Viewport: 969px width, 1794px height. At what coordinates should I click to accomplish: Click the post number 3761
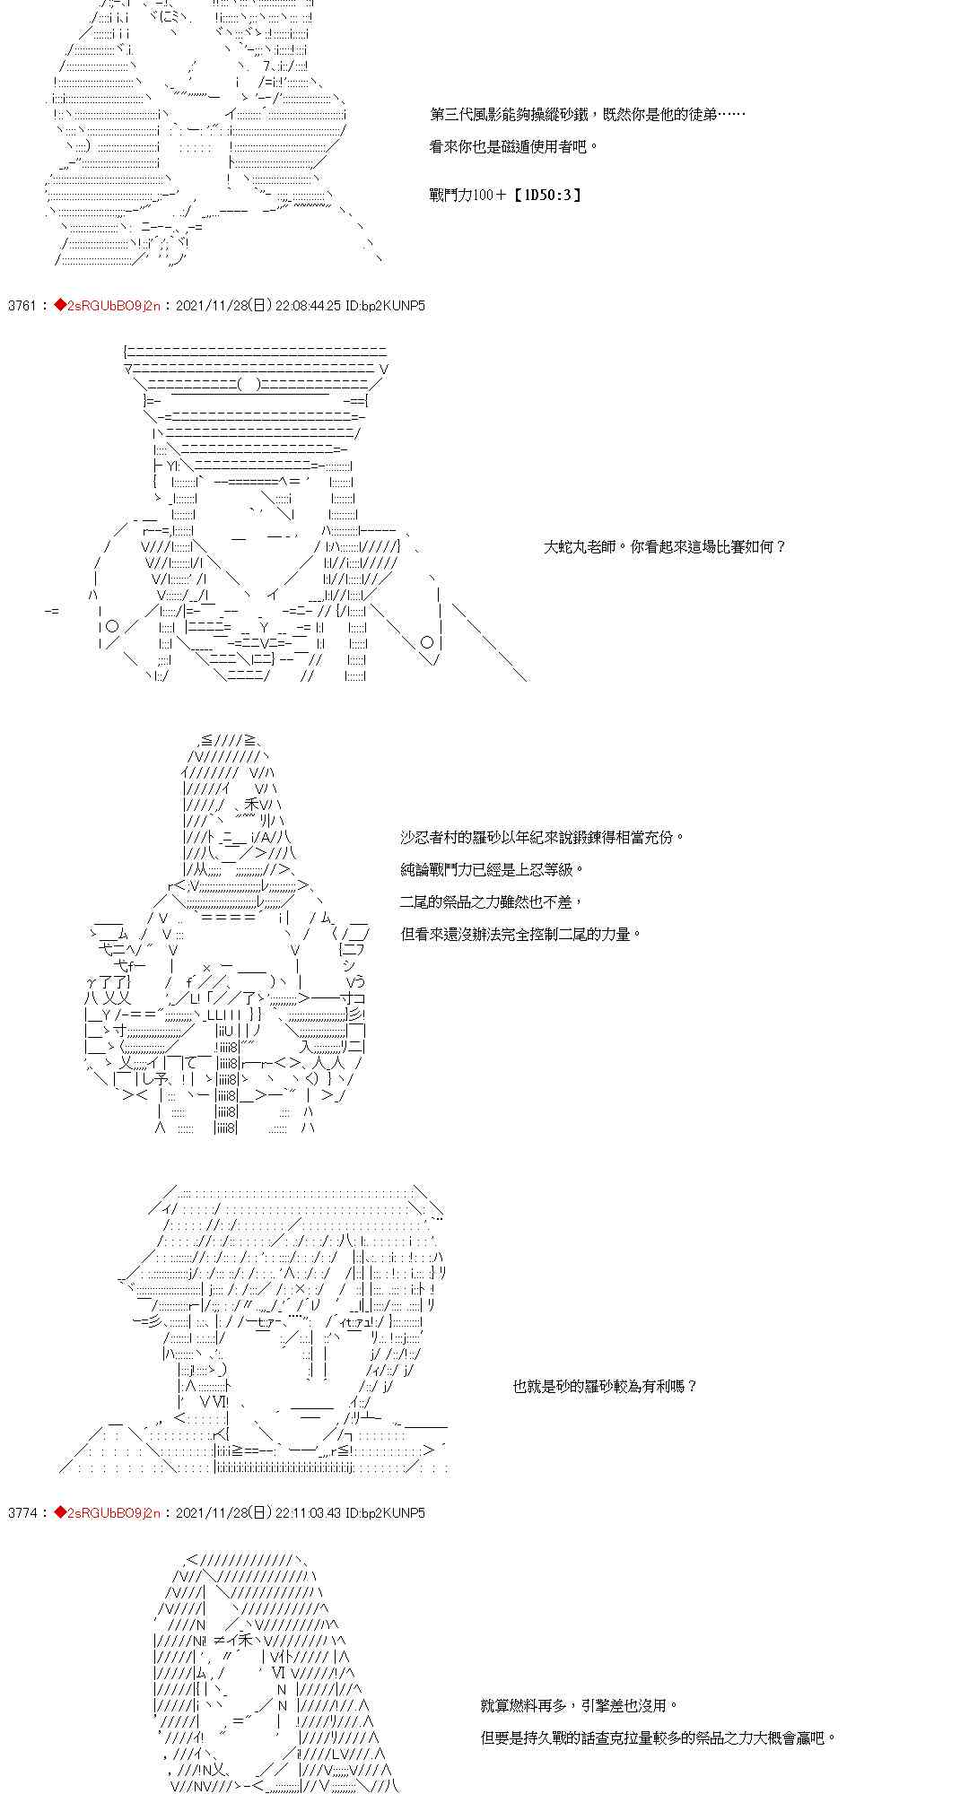coord(21,306)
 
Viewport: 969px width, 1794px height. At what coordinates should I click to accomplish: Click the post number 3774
coord(21,1513)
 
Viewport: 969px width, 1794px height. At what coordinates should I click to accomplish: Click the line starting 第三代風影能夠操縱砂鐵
coord(587,115)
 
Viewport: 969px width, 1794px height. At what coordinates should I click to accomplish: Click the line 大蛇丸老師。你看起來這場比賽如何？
coord(665,547)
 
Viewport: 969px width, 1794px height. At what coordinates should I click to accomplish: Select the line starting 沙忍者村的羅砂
coord(542,838)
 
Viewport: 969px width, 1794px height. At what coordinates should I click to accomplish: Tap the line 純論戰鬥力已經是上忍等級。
coord(493,870)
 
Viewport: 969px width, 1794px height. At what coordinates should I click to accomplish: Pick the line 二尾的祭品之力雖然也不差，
coord(493,902)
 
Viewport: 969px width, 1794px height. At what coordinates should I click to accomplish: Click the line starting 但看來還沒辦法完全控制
coord(521,935)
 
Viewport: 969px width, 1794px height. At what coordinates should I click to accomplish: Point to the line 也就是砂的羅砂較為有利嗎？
coord(605,1387)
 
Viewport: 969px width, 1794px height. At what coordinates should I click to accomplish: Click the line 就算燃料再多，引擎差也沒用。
coord(580,1706)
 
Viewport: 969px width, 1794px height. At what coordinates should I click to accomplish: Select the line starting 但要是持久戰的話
coord(659,1738)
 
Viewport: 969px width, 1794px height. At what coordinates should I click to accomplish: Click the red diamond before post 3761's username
coord(60,306)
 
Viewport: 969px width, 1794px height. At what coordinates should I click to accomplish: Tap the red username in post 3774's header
coord(114,1513)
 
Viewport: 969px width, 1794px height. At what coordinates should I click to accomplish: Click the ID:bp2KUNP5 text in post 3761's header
coord(386,306)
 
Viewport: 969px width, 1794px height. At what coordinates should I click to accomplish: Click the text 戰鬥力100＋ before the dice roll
coord(468,195)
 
